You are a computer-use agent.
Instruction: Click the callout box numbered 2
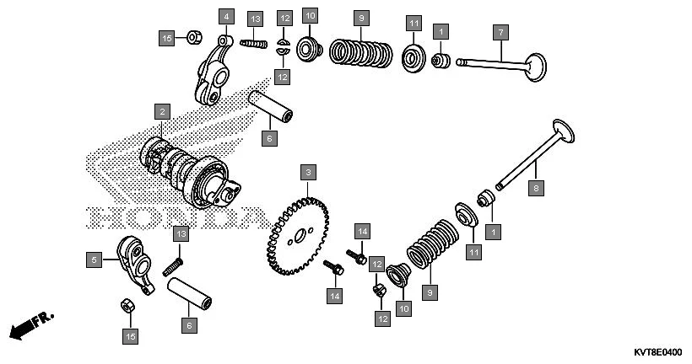tap(161, 110)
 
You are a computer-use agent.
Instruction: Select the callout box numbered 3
tap(309, 173)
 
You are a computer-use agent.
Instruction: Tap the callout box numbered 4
tap(225, 16)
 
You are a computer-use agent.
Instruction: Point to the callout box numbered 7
tap(500, 32)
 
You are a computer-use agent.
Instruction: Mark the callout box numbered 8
tap(535, 189)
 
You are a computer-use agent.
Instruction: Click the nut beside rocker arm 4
tap(192, 36)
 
